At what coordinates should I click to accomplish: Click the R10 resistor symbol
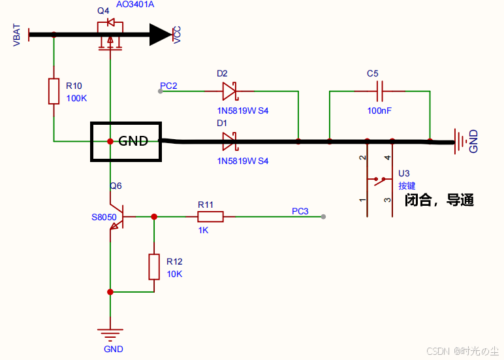pos(54,91)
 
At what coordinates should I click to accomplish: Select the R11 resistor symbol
pos(210,217)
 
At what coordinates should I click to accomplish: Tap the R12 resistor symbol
pos(154,267)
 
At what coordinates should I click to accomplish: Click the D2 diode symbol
pos(230,91)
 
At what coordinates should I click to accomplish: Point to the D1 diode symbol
pos(230,142)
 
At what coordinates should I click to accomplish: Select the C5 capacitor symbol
pos(379,91)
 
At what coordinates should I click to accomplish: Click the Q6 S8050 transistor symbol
pos(117,217)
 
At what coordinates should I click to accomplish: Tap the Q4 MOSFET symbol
pos(110,35)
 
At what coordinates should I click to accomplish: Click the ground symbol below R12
pos(110,335)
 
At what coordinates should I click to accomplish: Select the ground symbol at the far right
pos(460,142)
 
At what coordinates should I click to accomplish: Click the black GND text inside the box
pos(133,141)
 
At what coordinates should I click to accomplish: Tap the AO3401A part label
pos(135,5)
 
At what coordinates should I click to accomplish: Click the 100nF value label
pos(379,110)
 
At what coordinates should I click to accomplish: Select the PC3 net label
pos(300,211)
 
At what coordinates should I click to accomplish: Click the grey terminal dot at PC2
pos(161,91)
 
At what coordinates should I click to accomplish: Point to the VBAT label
pos(16,35)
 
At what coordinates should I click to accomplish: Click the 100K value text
pos(76,98)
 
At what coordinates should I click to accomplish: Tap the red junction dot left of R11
pos(154,216)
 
